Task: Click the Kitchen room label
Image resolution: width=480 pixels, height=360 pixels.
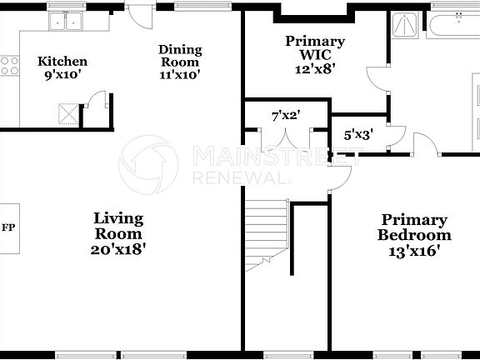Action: [x=62, y=62]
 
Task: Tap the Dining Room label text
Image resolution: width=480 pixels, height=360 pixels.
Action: [x=179, y=55]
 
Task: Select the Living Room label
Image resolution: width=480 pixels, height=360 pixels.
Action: [x=117, y=219]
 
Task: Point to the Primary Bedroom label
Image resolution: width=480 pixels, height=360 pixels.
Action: [x=413, y=227]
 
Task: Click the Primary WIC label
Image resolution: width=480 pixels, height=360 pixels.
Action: [x=315, y=47]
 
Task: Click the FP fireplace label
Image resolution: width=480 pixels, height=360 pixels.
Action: [x=8, y=227]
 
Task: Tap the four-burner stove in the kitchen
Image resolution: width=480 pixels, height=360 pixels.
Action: [x=10, y=66]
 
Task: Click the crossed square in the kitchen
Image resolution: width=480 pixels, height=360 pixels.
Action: [x=67, y=112]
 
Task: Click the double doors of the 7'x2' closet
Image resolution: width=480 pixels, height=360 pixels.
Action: [x=284, y=138]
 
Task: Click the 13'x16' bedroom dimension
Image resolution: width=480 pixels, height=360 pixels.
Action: [x=413, y=249]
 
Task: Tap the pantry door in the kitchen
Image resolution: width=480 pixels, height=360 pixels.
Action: [x=97, y=102]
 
